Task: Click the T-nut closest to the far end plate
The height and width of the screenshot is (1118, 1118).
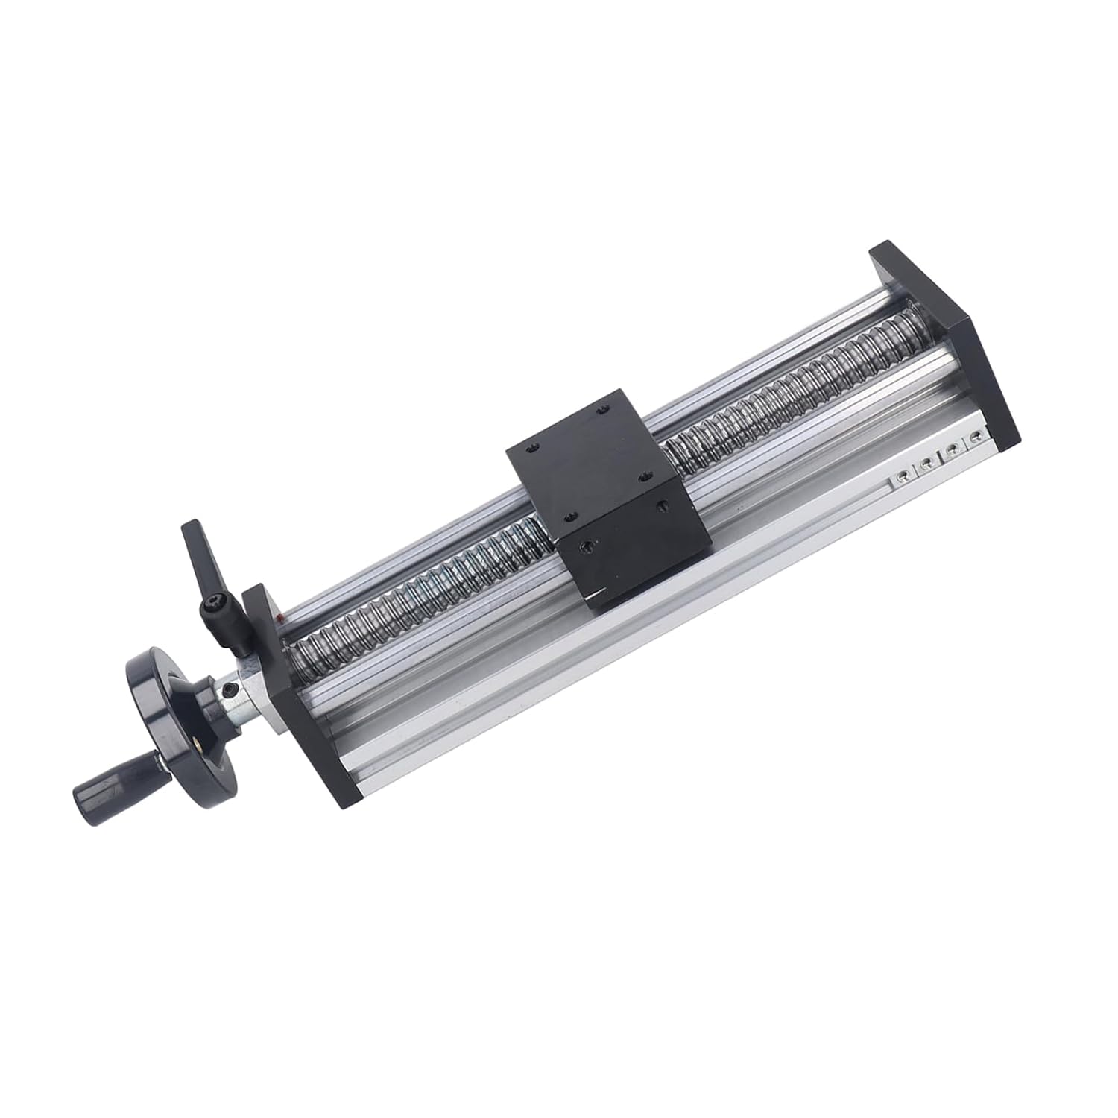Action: point(974,440)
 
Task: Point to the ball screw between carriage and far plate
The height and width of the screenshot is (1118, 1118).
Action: point(783,388)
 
